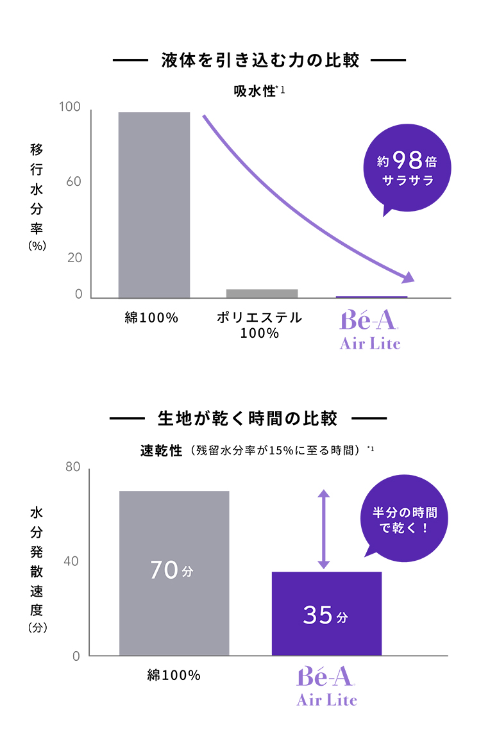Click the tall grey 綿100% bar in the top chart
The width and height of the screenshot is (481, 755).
(154, 205)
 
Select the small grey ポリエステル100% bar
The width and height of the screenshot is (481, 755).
(262, 294)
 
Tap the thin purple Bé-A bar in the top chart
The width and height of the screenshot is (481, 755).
(371, 297)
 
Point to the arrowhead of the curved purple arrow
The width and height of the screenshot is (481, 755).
(408, 278)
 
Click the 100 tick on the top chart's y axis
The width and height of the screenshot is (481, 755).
(70, 107)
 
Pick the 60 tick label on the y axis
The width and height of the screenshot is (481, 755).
(73, 181)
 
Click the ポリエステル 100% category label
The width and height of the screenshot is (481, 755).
(259, 326)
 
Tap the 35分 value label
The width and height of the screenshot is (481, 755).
(325, 615)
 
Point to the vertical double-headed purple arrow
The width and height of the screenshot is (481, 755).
(323, 529)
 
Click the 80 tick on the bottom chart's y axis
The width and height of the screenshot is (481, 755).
(72, 467)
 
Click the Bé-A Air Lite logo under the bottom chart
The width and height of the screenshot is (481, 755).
(326, 686)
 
